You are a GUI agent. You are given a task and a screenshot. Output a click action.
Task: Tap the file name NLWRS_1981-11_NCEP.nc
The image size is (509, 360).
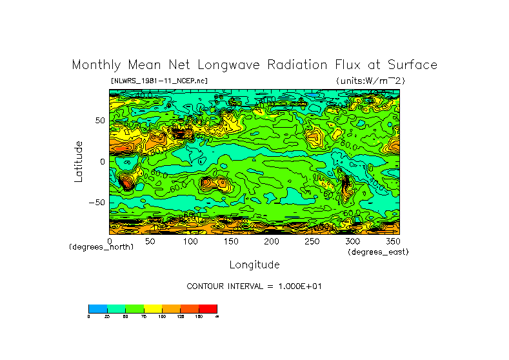[x=159, y=81]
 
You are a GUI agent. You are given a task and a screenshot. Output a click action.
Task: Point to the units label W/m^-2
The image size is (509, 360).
[x=370, y=81]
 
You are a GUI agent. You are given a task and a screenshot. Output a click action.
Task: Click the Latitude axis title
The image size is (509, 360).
[x=79, y=161]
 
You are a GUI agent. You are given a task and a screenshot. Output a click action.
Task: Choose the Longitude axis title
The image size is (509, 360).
[x=254, y=265]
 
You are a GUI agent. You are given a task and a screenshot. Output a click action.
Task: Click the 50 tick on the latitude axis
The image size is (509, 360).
[x=100, y=121]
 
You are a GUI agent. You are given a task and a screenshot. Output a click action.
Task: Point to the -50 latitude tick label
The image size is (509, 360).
[x=97, y=202]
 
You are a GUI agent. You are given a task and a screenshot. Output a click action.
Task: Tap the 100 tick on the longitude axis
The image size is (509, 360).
[x=190, y=241]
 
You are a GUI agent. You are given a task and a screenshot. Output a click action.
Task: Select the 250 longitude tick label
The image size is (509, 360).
[x=312, y=241]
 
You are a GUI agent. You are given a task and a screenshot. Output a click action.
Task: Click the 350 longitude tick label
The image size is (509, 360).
[x=393, y=241]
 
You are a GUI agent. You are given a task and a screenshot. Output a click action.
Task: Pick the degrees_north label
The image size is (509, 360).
[x=101, y=247]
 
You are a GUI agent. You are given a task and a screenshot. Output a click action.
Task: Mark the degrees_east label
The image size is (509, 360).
[x=378, y=252]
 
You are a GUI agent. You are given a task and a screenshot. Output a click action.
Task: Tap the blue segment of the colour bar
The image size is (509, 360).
[x=97, y=308]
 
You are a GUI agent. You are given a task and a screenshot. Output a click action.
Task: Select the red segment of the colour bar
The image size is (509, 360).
[x=208, y=308]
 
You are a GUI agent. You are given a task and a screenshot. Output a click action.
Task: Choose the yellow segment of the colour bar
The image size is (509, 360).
[x=153, y=308]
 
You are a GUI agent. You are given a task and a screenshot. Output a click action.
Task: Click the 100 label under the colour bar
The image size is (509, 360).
[x=162, y=317]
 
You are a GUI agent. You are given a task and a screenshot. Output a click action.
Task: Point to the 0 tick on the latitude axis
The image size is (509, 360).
[x=102, y=161]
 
